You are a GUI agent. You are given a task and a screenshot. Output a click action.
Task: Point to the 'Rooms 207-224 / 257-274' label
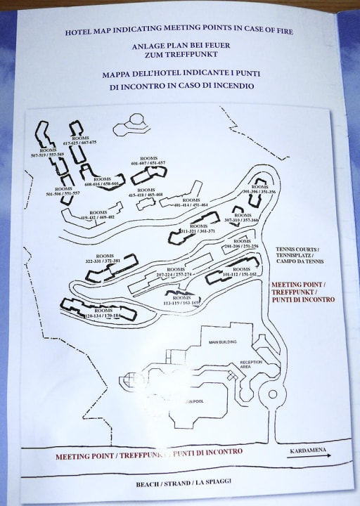pyautogui.click(x=174, y=271)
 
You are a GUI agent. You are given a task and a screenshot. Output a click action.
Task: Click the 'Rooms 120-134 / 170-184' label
pyautogui.click(x=103, y=313)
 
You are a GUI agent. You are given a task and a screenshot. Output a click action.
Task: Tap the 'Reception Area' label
pyautogui.click(x=251, y=363)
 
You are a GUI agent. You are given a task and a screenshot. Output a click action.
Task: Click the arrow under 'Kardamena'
pyautogui.click(x=308, y=455)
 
